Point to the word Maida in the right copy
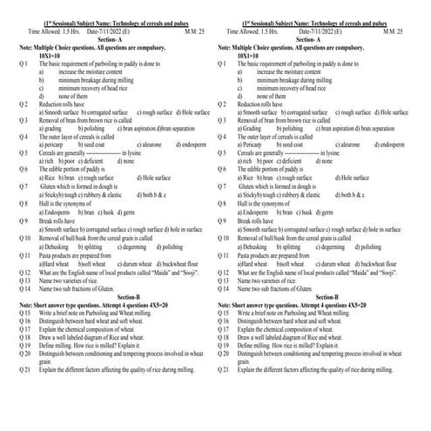367,272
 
